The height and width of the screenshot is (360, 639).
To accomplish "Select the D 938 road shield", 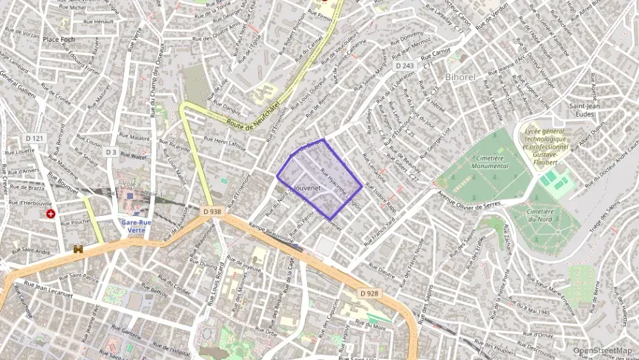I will tap(212, 212).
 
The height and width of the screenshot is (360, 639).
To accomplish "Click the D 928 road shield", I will tap(369, 293).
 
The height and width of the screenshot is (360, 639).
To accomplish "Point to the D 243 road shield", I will tap(404, 66).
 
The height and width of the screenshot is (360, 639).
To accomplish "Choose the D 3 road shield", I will tap(111, 152).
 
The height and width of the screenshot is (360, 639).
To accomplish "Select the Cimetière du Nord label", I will tap(545, 215).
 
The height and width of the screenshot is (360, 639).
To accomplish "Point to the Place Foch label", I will tap(59, 40).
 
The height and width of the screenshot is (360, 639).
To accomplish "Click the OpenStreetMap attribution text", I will tap(602, 351).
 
